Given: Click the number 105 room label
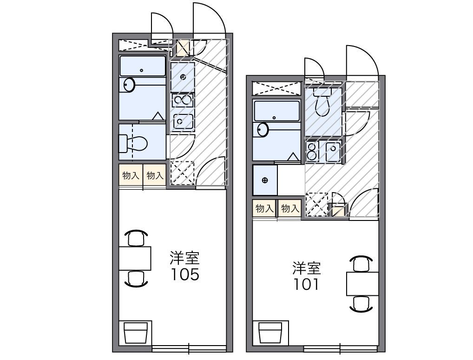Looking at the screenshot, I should (184, 274).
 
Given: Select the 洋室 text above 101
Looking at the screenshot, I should (306, 268).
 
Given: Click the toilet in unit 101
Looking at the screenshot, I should (322, 103).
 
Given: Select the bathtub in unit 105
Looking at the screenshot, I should (142, 67).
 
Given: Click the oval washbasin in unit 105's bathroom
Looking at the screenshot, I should (129, 85).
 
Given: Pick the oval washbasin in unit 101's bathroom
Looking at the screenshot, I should (263, 130).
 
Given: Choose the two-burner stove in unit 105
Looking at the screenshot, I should (183, 100).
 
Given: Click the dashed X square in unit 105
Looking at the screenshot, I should (182, 173).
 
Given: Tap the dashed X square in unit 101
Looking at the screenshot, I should (316, 204).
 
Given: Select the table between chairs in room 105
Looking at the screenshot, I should (135, 258).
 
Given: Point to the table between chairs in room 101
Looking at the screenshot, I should (362, 283).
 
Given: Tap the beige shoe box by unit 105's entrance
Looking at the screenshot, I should (183, 48).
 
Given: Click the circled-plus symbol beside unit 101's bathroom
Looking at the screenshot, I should (265, 180).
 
